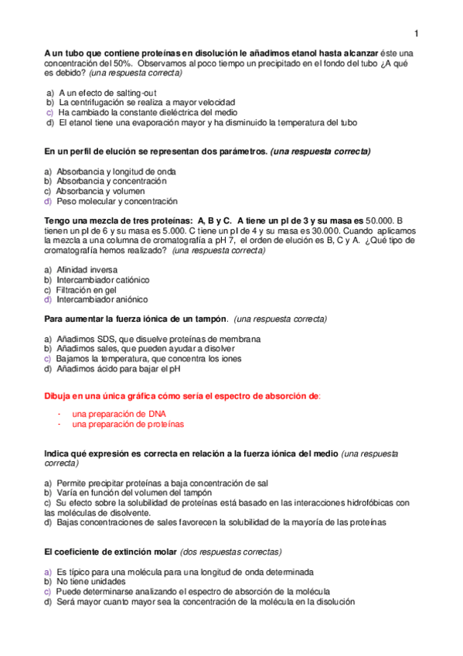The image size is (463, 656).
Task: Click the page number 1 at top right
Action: click(x=416, y=33)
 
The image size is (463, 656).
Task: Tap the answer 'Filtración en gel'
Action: click(x=92, y=289)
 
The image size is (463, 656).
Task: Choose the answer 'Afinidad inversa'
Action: click(x=87, y=270)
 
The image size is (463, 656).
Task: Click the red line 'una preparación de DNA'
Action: click(x=119, y=414)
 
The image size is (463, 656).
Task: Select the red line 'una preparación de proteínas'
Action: click(x=128, y=424)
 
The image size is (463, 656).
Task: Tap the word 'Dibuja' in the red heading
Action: click(x=59, y=395)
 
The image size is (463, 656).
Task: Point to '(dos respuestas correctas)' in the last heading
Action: click(x=230, y=552)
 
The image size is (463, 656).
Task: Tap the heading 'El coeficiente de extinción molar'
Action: click(x=110, y=552)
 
